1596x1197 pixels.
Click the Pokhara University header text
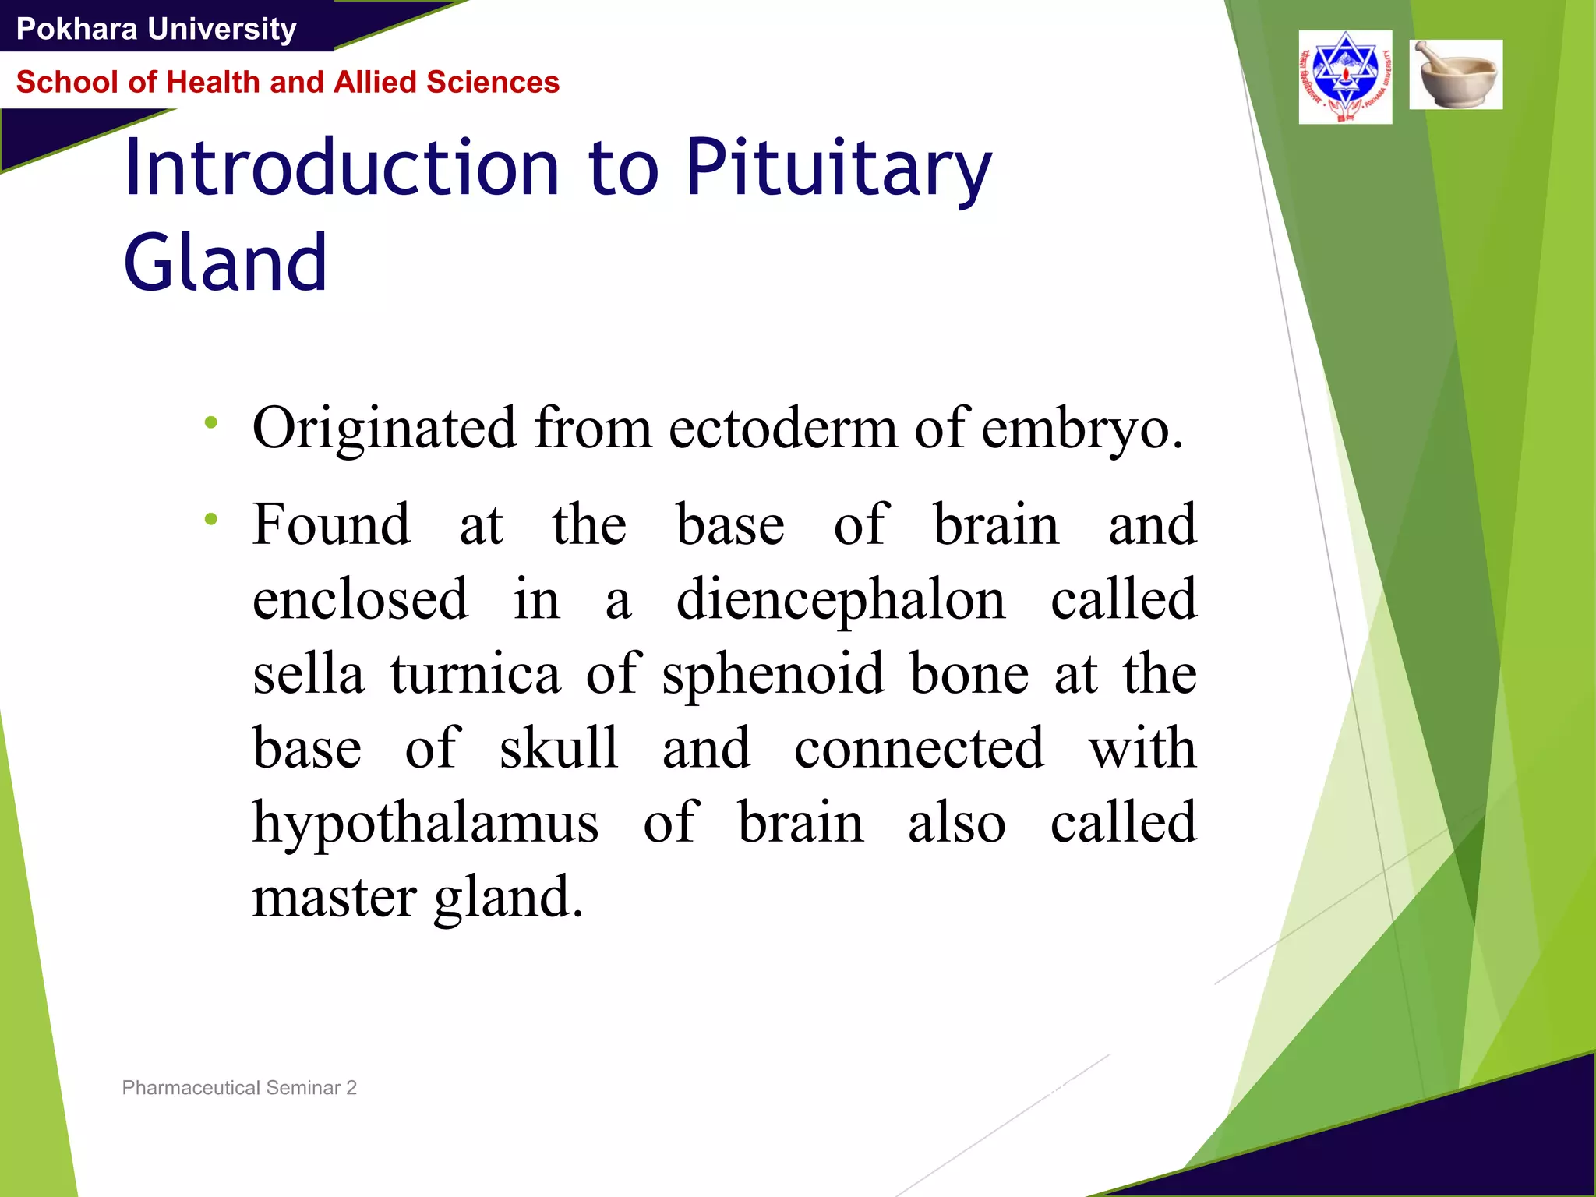[x=156, y=29]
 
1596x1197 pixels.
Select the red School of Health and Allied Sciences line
[x=288, y=82]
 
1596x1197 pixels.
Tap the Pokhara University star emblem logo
[x=1345, y=77]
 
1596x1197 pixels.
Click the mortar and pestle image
[x=1456, y=74]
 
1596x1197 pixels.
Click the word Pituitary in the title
[x=839, y=168]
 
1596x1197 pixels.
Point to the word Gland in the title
[x=225, y=263]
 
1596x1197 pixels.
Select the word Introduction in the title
[x=341, y=168]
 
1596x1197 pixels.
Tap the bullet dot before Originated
[x=210, y=423]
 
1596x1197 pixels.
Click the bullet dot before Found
[x=210, y=519]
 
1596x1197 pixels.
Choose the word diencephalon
[x=840, y=600]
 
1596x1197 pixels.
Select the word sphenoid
[x=773, y=675]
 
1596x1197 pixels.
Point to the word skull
[x=559, y=747]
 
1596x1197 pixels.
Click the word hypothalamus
[x=425, y=824]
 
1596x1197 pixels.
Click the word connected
[x=919, y=747]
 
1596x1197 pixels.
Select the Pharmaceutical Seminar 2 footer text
[x=239, y=1087]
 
